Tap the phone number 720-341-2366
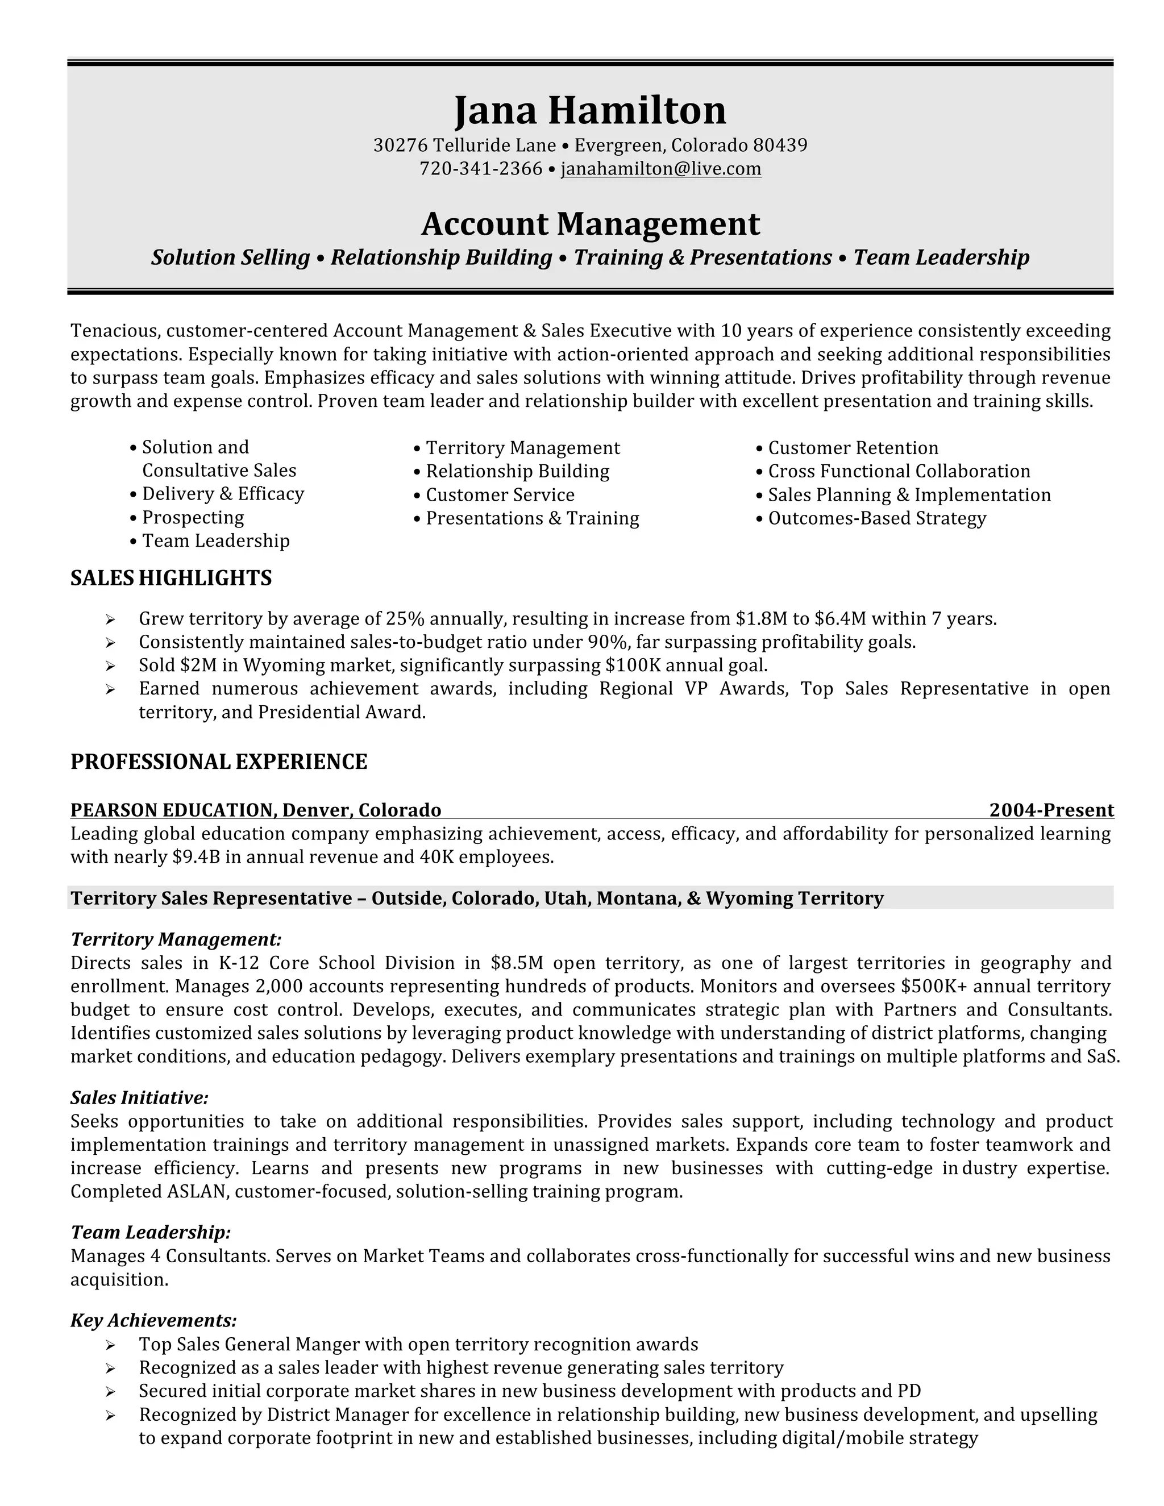[481, 169]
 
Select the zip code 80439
[779, 145]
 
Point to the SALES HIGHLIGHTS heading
[171, 578]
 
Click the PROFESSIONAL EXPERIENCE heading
[219, 762]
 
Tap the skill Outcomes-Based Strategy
[876, 518]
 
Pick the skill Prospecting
[193, 518]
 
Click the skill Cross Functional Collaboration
[899, 472]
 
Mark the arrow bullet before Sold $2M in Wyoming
[110, 666]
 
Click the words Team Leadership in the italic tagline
[941, 258]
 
